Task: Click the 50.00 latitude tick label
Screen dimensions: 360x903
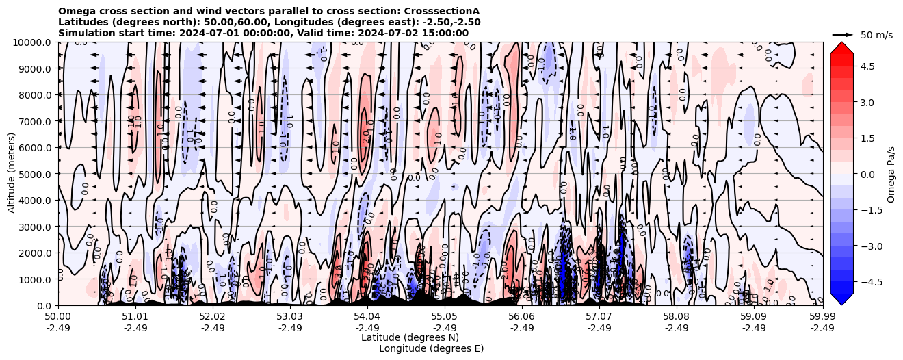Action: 58,316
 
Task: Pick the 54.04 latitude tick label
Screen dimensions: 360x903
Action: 367,316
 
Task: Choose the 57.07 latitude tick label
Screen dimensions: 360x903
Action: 599,316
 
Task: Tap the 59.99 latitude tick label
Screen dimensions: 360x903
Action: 822,316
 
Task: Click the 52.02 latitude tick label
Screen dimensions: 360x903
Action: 213,316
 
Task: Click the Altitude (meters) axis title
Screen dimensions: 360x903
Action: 12,174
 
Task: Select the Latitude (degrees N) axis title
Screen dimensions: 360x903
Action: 410,337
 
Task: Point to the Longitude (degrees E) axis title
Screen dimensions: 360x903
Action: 431,348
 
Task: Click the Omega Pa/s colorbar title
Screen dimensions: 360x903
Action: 891,174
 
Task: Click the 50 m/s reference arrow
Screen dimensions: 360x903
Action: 843,34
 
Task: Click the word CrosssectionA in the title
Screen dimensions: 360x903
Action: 442,11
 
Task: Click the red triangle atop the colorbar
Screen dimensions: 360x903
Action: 841,47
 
